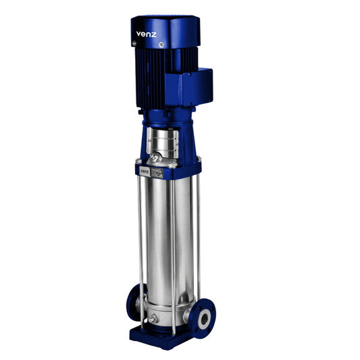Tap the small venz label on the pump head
pyautogui.click(x=145, y=172)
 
